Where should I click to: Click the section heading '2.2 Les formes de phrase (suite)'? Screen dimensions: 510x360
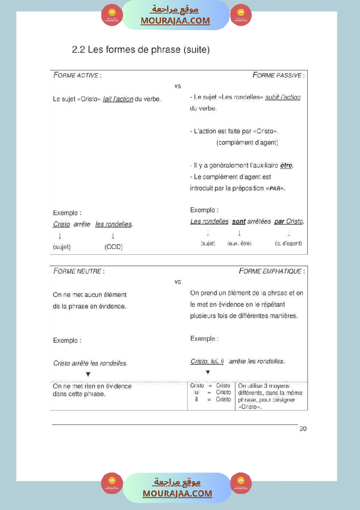click(141, 50)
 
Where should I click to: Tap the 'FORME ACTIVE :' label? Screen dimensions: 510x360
click(77, 75)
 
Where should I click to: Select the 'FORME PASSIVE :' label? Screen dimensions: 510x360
click(278, 75)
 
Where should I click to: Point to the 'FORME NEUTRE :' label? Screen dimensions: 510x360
click(79, 271)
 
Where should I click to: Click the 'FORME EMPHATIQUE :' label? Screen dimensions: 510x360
click(271, 271)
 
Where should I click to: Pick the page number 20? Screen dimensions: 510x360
click(303, 429)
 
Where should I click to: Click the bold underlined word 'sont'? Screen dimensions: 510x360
click(239, 222)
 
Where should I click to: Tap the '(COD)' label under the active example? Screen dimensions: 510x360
click(113, 247)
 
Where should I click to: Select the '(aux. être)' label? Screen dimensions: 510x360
click(240, 243)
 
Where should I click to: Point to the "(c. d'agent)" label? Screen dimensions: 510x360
click(288, 243)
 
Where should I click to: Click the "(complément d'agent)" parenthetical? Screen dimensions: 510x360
click(247, 143)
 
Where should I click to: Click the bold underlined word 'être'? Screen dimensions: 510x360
click(286, 165)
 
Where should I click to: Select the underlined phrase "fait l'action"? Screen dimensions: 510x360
click(118, 99)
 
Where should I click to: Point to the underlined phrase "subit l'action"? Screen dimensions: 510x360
click(283, 97)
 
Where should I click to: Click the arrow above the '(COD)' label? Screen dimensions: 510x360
click(113, 236)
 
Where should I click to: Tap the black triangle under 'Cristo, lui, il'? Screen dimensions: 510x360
click(208, 372)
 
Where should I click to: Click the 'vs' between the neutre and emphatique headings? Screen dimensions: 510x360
click(178, 282)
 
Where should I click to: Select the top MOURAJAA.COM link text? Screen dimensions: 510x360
click(175, 21)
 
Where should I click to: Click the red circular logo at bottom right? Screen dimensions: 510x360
click(240, 483)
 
